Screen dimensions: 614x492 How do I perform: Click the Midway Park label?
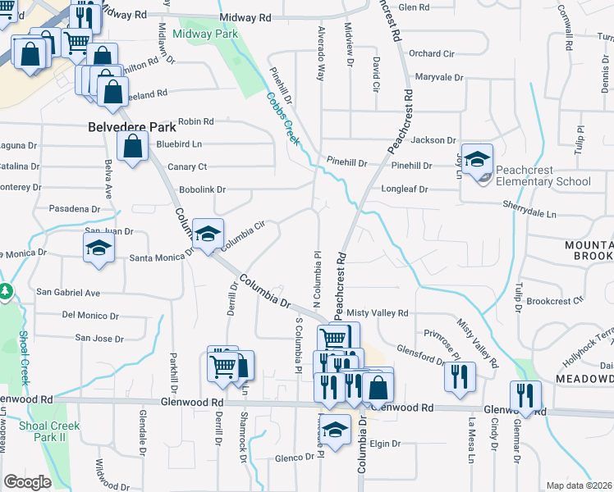(205, 34)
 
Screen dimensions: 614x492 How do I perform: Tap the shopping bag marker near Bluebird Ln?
(131, 148)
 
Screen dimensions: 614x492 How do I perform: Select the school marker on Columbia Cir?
(208, 233)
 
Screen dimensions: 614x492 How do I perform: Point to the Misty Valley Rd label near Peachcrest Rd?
(378, 313)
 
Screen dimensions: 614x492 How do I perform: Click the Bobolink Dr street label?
(202, 189)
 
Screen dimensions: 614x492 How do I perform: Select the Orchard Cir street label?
(431, 53)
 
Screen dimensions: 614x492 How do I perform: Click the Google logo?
(27, 482)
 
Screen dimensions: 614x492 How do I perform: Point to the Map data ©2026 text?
(580, 485)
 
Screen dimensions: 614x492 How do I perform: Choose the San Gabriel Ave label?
(68, 293)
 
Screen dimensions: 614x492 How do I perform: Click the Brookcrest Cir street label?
(555, 301)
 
